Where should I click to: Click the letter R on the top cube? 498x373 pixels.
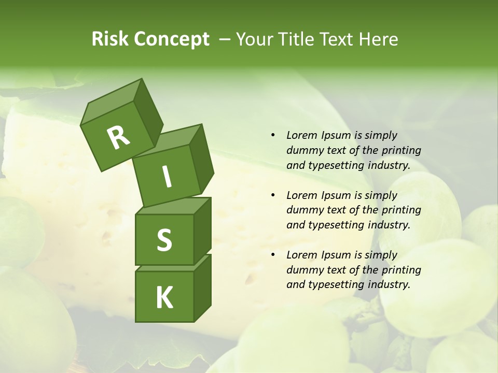118,138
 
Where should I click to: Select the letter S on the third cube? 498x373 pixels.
164,240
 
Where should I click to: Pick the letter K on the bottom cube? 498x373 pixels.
164,298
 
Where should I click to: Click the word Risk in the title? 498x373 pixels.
109,39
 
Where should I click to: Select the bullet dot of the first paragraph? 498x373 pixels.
273,136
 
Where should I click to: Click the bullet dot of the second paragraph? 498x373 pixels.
273,196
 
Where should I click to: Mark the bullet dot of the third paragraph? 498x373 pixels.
273,255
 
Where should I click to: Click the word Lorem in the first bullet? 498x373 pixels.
301,135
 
